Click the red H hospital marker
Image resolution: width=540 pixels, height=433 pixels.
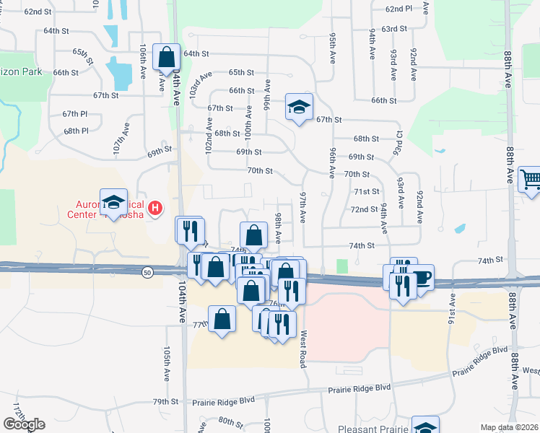tap(154, 209)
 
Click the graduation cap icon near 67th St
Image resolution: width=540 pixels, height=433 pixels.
tap(298, 108)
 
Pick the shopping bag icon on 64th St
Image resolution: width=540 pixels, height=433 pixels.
tap(166, 56)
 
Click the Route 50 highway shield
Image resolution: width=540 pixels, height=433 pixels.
tap(147, 271)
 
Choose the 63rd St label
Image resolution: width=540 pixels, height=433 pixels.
tap(394, 28)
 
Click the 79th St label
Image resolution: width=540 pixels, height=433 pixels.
tap(165, 402)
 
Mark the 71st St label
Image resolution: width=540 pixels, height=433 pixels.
tap(366, 191)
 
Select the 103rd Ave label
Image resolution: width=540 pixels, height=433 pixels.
tap(200, 84)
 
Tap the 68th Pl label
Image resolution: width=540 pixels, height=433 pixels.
tap(75, 131)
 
